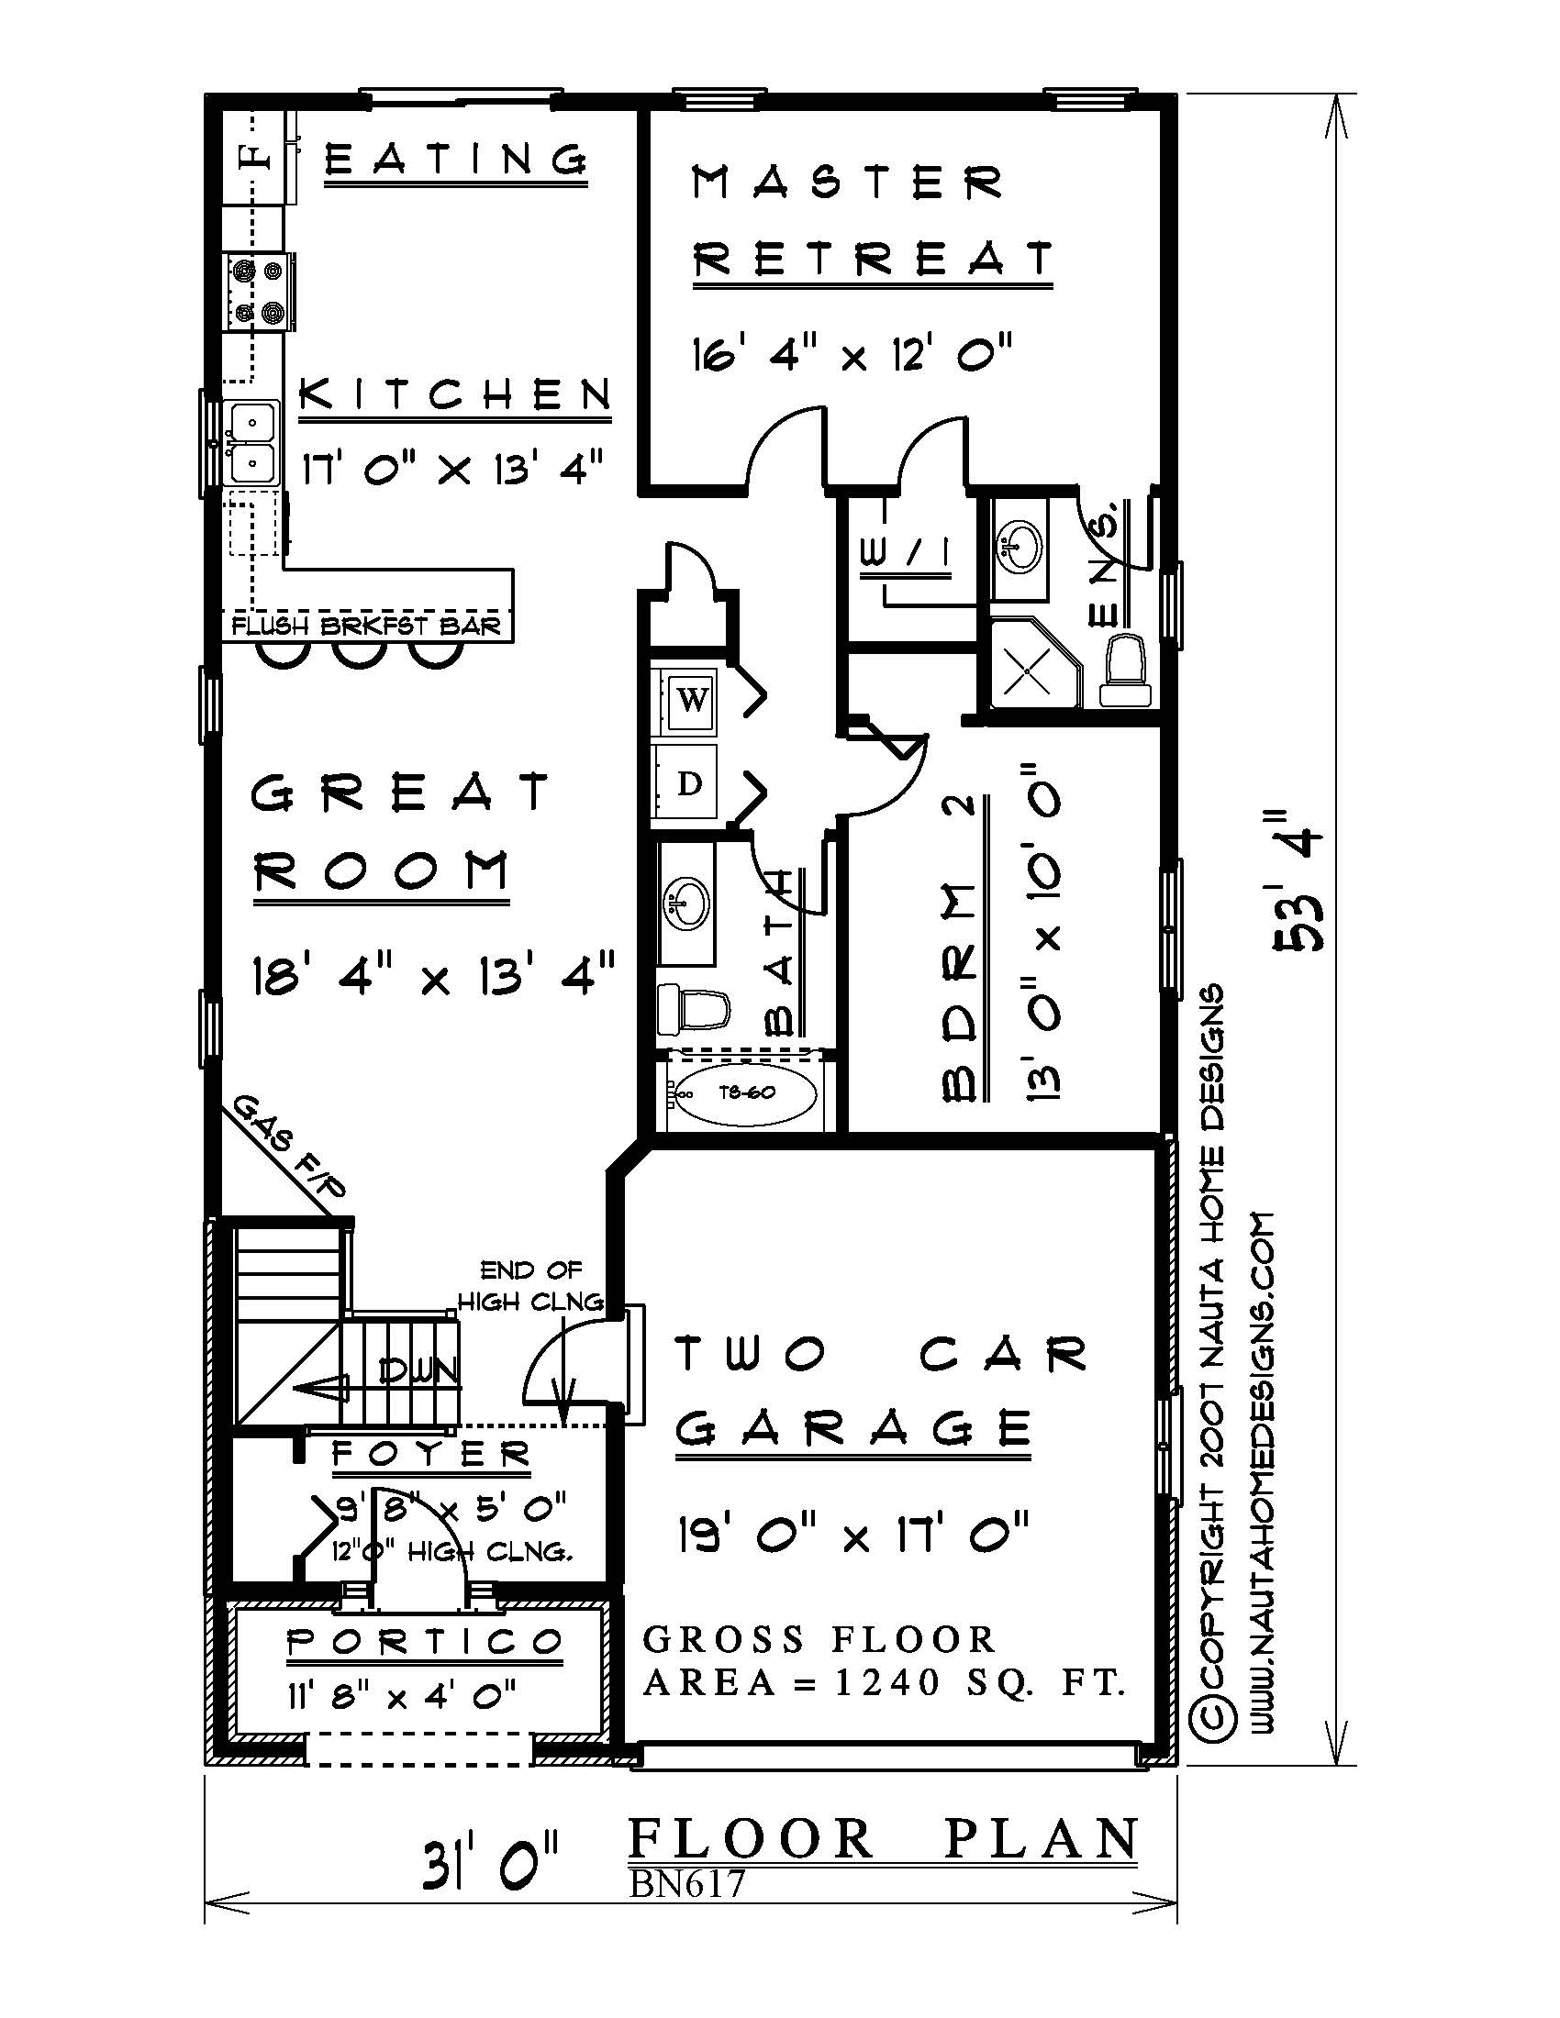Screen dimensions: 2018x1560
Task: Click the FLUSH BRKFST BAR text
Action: pos(366,626)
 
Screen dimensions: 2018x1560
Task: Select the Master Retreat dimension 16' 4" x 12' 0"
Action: pos(852,353)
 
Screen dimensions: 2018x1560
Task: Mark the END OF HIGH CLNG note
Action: pos(531,1286)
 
